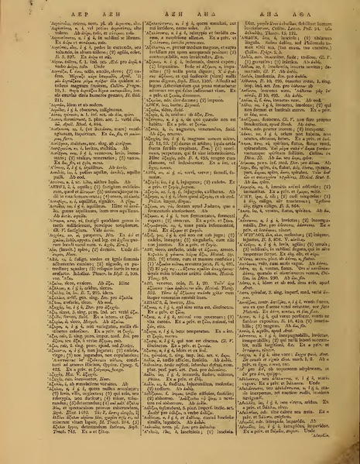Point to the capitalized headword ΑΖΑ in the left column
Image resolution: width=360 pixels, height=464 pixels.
click(x=17, y=322)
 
